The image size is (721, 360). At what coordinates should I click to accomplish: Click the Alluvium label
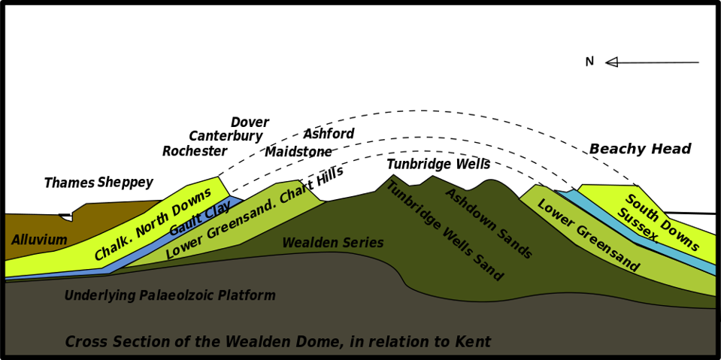click(x=39, y=241)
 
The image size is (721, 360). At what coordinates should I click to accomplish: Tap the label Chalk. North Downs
click(x=153, y=225)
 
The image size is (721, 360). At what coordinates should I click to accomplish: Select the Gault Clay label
click(x=200, y=219)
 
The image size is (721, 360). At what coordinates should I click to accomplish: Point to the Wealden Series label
click(x=332, y=244)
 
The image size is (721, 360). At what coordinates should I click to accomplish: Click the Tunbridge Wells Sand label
click(x=444, y=231)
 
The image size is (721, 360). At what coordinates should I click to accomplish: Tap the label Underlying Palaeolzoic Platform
click(x=169, y=296)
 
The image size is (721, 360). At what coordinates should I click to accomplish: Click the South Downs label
click(x=662, y=223)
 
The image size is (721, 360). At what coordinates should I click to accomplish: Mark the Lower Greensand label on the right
click(x=587, y=236)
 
